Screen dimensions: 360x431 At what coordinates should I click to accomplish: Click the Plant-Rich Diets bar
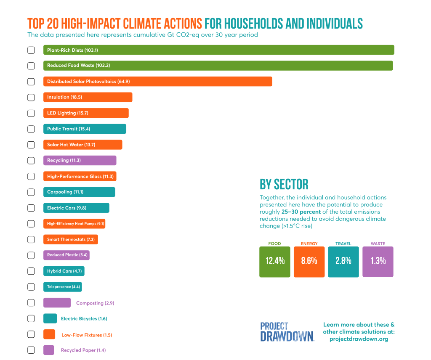click(218, 50)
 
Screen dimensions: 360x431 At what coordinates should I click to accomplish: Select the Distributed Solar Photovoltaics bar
click(157, 81)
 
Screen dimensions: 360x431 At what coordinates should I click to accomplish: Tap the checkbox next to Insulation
click(31, 97)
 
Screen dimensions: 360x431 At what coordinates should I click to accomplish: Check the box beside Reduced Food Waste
click(31, 66)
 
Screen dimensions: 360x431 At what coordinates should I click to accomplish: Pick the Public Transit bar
click(85, 129)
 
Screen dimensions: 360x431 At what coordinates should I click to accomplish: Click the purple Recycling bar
click(80, 160)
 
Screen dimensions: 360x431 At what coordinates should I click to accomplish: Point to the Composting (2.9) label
click(95, 303)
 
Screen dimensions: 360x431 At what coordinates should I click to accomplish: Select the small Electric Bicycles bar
click(50, 318)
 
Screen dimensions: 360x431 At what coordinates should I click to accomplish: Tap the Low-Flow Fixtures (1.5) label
click(87, 335)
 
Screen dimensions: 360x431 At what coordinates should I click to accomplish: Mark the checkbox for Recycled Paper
click(31, 350)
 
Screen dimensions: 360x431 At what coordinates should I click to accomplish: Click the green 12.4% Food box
click(275, 261)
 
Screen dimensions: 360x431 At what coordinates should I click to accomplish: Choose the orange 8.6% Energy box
click(309, 261)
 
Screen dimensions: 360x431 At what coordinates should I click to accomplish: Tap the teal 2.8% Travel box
click(343, 261)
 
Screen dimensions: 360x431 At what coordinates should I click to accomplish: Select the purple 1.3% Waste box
click(378, 261)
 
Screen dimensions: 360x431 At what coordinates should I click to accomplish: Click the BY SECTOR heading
click(284, 184)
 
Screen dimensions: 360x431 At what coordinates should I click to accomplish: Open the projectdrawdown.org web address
click(359, 339)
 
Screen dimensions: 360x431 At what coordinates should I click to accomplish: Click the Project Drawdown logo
click(287, 331)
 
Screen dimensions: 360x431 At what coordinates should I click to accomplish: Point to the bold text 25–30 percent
click(301, 212)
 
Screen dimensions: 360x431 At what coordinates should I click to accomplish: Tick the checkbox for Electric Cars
click(31, 208)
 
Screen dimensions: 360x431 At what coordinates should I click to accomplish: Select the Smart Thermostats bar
click(70, 239)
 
